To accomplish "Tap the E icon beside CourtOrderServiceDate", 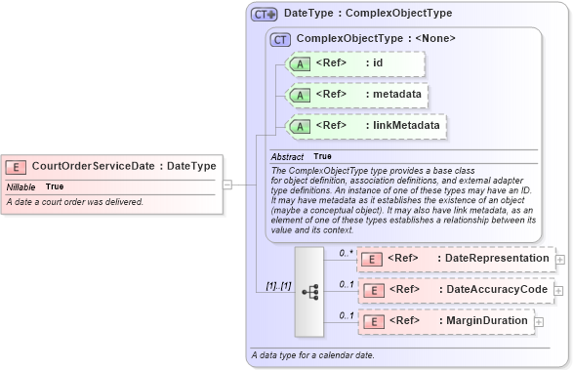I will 16,167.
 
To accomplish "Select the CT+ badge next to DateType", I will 264,15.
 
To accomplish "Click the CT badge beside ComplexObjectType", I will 280,39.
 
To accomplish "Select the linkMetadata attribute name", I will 404,125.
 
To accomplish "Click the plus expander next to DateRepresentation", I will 560,260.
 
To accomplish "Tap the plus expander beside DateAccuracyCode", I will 560,290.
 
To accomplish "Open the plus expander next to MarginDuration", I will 539,320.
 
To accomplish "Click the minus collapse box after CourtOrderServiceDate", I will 226,183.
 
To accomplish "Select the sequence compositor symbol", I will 309,290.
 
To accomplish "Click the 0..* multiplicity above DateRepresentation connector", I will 345,252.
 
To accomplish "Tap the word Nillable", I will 21,186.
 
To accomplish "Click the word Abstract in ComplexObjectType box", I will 287,156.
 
